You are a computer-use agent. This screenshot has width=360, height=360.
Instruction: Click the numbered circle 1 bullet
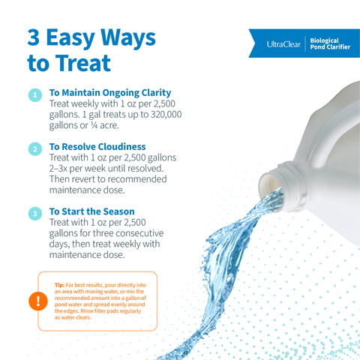(35, 95)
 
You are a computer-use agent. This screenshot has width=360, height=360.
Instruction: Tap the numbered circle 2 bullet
(35, 149)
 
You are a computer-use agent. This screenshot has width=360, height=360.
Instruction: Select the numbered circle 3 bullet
(35, 214)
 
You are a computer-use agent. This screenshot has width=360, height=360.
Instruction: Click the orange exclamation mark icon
(38, 301)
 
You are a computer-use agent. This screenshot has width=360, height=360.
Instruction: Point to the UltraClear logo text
(283, 44)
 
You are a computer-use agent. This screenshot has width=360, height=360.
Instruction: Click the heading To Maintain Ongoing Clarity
(110, 93)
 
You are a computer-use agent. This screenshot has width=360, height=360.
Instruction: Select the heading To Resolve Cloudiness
(97, 147)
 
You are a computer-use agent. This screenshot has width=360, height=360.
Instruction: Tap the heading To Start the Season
(91, 211)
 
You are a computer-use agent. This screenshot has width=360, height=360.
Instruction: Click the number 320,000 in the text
(166, 114)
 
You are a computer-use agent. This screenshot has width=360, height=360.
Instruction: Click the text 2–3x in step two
(58, 169)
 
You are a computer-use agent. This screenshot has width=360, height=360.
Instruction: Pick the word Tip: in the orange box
(59, 285)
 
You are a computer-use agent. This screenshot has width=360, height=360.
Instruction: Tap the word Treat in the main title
(83, 63)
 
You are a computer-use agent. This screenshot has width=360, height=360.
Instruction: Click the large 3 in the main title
(34, 37)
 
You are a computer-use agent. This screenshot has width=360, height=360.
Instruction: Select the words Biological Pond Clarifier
(330, 43)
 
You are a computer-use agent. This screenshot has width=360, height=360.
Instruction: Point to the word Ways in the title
(128, 38)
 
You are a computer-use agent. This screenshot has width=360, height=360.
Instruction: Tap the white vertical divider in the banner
(305, 43)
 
